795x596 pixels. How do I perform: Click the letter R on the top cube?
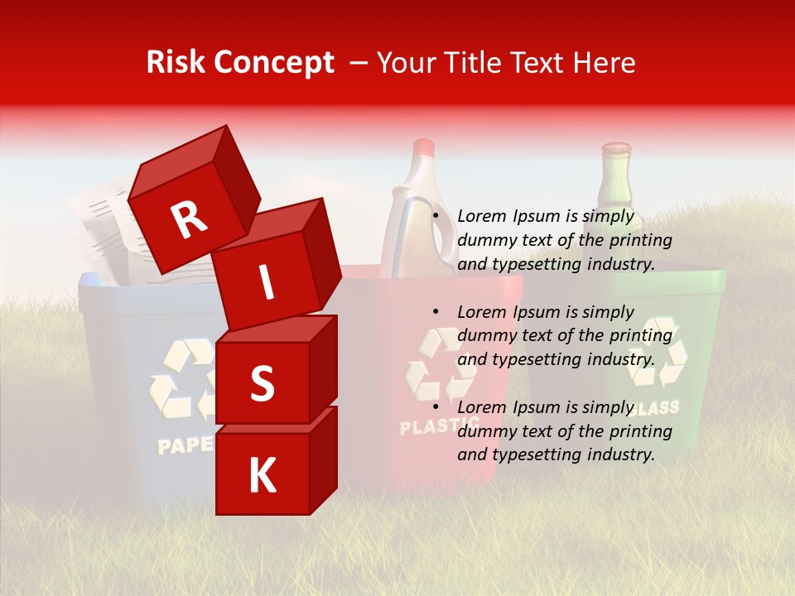click(190, 219)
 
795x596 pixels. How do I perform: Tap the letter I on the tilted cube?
click(266, 282)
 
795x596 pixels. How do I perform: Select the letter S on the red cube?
click(262, 383)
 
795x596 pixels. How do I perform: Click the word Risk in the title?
click(176, 62)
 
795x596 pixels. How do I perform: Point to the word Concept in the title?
click(273, 64)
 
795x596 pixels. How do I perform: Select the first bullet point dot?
click(436, 216)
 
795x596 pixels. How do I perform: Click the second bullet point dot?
click(436, 312)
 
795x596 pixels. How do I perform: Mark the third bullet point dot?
click(436, 407)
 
